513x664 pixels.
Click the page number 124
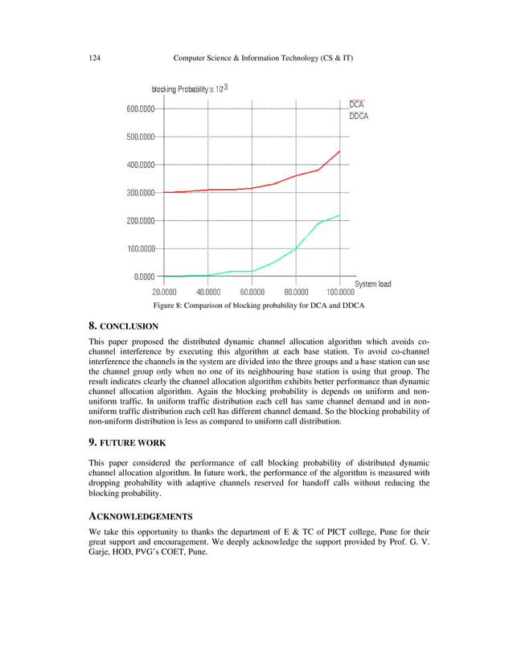point(94,59)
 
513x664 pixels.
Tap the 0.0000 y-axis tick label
point(145,277)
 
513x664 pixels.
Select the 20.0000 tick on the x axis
point(165,292)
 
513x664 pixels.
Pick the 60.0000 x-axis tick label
point(252,292)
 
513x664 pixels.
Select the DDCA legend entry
point(359,117)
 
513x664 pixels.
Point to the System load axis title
point(373,284)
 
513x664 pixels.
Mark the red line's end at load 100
point(340,151)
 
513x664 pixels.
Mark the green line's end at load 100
point(340,215)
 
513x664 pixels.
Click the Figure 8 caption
point(258,307)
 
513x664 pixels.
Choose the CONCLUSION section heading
point(123,326)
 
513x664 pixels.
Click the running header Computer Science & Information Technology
point(263,59)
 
